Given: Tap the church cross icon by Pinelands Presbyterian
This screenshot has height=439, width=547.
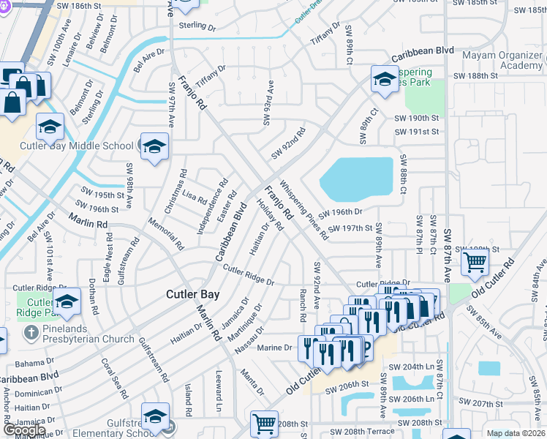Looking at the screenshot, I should point(30,333).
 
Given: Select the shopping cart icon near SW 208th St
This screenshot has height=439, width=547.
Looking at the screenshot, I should point(263,424).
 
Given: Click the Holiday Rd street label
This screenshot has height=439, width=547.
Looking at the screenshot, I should point(269,214).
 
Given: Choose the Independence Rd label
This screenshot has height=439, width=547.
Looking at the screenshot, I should point(212,206).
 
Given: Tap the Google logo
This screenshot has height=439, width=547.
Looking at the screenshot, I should point(24,430).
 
